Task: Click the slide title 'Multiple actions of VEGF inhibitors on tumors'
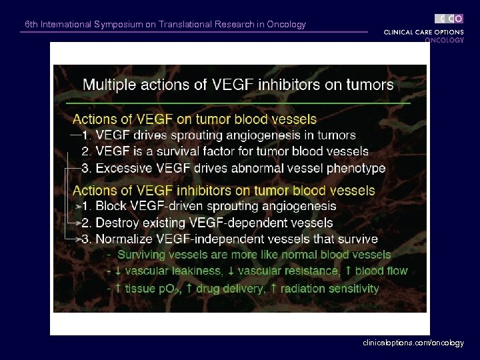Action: point(237,85)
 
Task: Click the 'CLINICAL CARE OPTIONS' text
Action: point(423,32)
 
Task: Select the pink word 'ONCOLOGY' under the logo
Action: point(444,40)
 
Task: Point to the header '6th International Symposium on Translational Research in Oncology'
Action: point(165,25)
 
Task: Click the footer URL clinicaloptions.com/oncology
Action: point(413,342)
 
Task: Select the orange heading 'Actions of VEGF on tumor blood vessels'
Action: point(195,120)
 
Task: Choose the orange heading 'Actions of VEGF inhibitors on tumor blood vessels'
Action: point(223,191)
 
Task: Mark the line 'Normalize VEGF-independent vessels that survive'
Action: point(237,239)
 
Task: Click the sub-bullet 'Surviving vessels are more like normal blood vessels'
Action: point(254,255)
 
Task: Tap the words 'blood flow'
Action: point(381,271)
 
